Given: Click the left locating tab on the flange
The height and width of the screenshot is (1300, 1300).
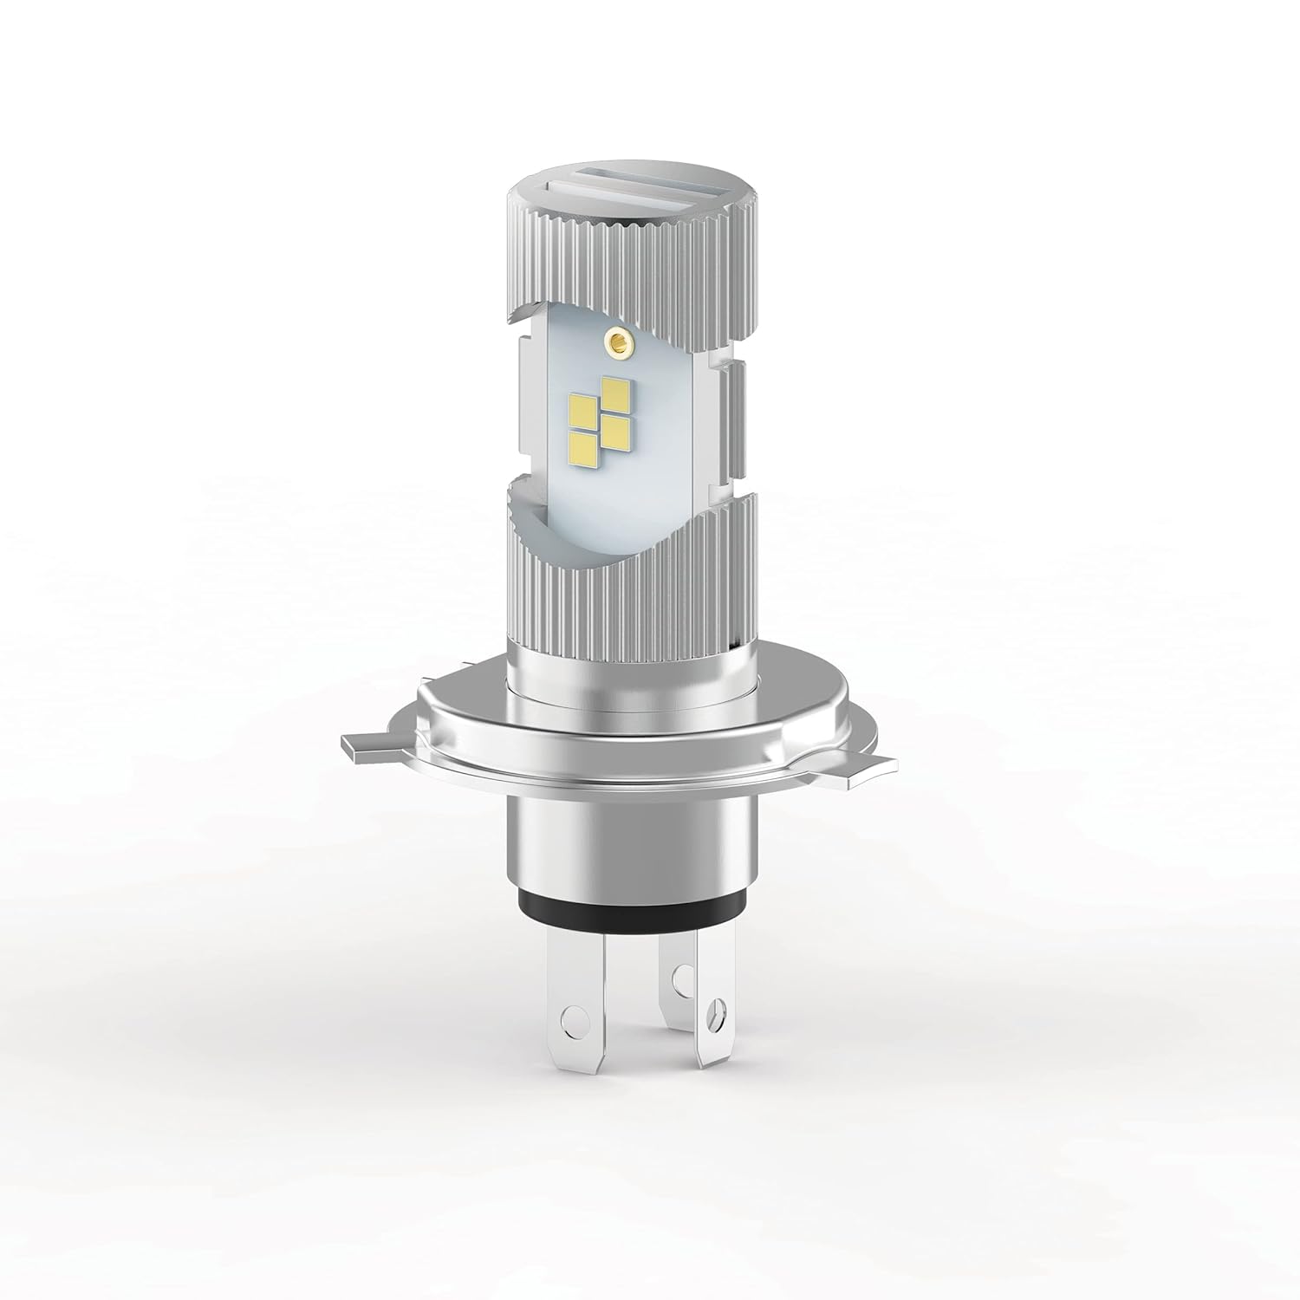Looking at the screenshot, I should pyautogui.click(x=364, y=745).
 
